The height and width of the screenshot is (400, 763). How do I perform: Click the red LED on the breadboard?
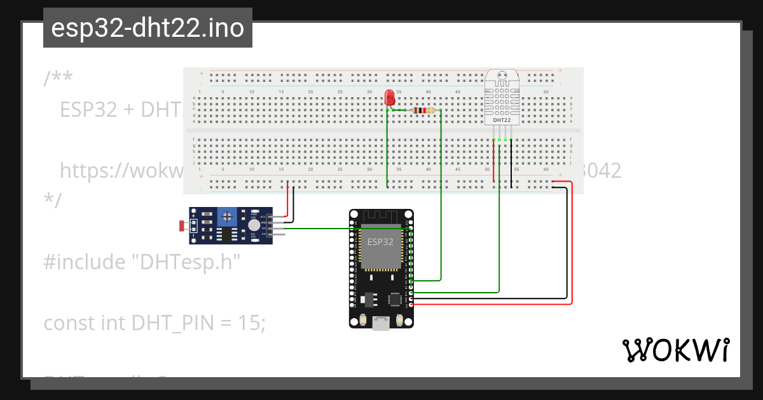click(x=390, y=97)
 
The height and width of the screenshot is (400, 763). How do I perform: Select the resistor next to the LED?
click(x=423, y=110)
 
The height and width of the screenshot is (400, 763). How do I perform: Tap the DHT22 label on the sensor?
click(x=501, y=119)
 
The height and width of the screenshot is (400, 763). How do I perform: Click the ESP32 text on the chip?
click(x=380, y=242)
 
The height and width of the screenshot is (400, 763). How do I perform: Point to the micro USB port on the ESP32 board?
click(x=381, y=324)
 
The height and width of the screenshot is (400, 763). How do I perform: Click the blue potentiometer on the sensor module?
click(x=226, y=218)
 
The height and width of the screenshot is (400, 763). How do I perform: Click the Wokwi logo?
click(x=675, y=350)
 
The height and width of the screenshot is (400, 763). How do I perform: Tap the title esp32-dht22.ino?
click(x=148, y=29)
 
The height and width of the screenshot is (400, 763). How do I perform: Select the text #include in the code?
click(x=80, y=262)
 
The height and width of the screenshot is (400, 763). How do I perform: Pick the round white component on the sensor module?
click(x=254, y=225)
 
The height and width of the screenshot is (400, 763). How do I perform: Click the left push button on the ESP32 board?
click(x=362, y=321)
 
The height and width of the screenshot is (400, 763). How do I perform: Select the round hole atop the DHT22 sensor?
click(x=501, y=74)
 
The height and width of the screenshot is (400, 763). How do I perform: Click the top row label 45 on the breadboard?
click(x=457, y=92)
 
